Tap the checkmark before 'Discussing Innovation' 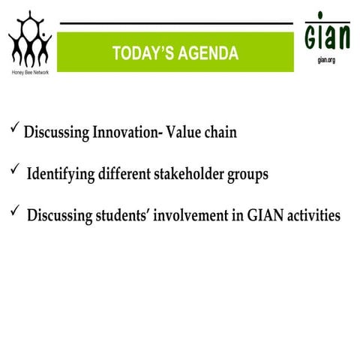click(x=15, y=130)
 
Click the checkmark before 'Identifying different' click(x=15, y=172)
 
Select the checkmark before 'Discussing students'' click(x=15, y=213)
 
